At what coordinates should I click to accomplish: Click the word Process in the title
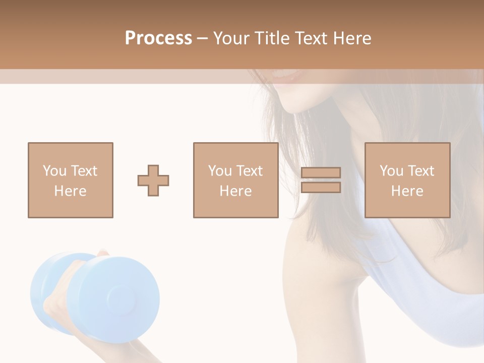point(158,38)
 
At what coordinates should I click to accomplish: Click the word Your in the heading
point(232,38)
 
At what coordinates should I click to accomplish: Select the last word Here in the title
point(351,38)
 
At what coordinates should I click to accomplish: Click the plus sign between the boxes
point(153,180)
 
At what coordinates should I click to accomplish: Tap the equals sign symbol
point(321,180)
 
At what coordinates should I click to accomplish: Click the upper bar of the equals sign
point(321,173)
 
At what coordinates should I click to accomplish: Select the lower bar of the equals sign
point(321,188)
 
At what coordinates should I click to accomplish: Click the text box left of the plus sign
point(70,180)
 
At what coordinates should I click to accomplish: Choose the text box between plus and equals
point(235,180)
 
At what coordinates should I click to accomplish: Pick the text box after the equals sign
point(407,180)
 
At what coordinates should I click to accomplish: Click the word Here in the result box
point(407,191)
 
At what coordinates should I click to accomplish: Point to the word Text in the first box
point(84,171)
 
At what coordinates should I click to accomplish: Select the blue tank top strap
point(403,262)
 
